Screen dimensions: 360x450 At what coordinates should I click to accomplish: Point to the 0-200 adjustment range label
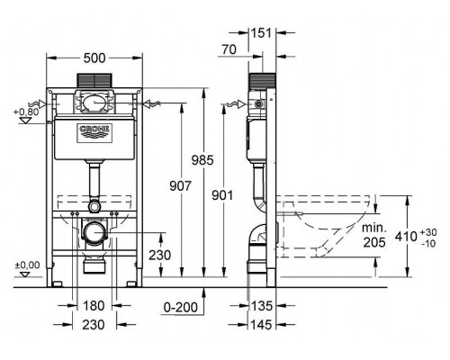[182, 307]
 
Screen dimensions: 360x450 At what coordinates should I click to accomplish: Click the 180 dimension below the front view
[94, 307]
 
